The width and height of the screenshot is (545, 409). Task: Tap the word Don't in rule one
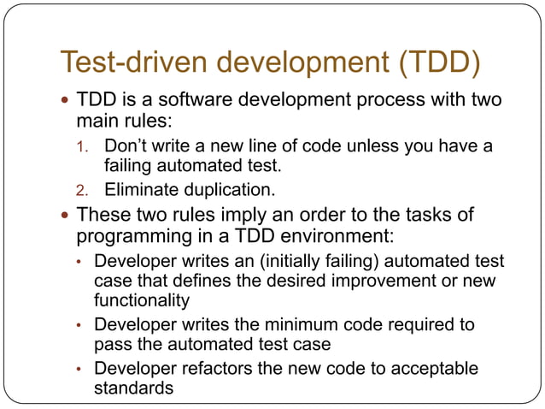tap(124, 146)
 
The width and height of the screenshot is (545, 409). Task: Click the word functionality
tap(143, 299)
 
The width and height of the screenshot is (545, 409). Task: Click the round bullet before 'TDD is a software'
tap(66, 101)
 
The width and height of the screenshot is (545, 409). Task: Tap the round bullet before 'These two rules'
tap(66, 216)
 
